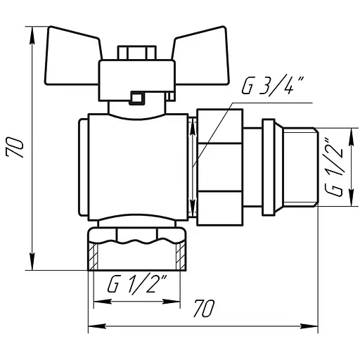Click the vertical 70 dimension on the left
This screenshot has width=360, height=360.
coord(15,147)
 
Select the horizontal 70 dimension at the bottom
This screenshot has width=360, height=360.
coord(204,308)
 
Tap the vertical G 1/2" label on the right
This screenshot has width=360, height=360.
coord(333,167)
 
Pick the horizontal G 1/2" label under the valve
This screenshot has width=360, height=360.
coord(138,283)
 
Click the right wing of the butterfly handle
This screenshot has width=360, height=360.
coord(201,56)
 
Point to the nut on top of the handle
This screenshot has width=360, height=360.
coord(136,53)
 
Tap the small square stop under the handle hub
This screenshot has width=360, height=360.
coord(136,97)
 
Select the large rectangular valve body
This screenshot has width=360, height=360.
coord(139,167)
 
